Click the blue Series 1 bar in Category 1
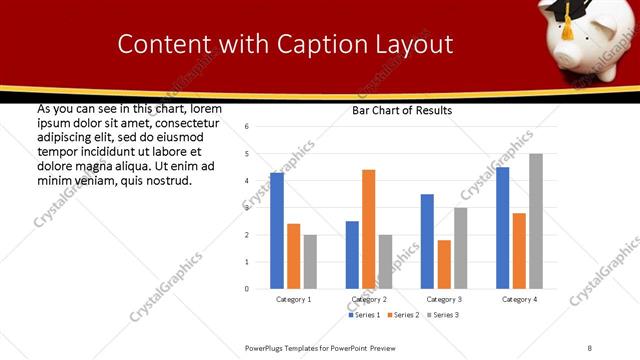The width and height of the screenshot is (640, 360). click(x=277, y=231)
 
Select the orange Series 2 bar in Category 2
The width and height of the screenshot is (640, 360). click(x=368, y=229)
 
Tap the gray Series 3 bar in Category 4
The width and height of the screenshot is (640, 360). click(x=536, y=221)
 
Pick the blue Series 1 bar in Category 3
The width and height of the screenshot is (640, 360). click(x=427, y=241)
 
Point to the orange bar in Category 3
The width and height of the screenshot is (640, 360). click(x=443, y=264)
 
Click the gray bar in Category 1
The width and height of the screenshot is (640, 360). click(x=310, y=262)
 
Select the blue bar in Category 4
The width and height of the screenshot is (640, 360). click(x=502, y=228)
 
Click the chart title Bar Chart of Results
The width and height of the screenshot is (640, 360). click(x=402, y=110)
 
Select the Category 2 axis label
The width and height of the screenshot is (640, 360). click(x=369, y=299)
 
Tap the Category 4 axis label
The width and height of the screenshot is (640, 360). click(x=518, y=299)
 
